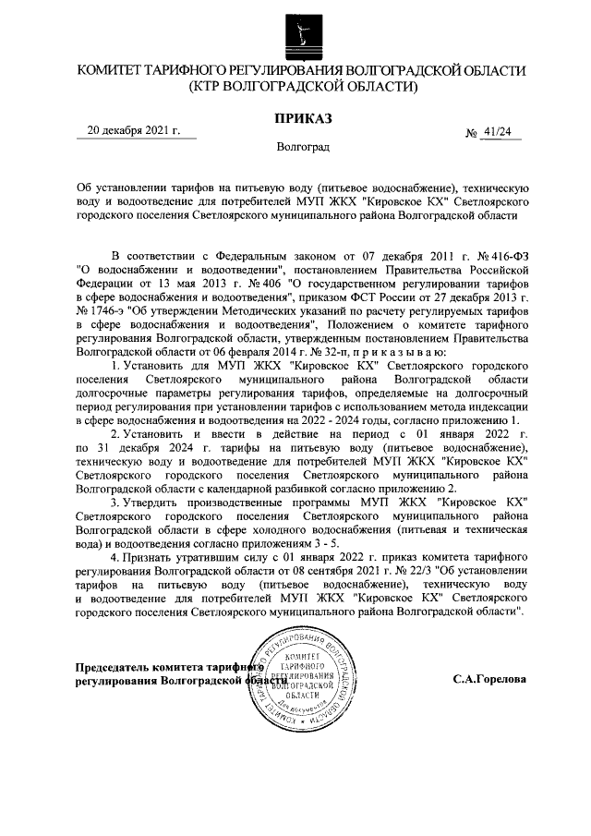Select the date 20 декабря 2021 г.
pos(132,131)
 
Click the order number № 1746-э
pos(105,313)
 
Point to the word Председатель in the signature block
pos(114,666)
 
